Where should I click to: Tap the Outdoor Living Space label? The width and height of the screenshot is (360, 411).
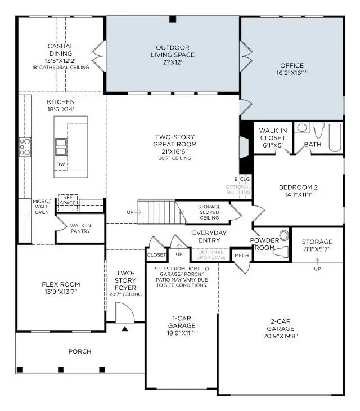pos(173,51)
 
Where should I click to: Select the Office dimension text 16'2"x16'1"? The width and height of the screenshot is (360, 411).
pos(291,73)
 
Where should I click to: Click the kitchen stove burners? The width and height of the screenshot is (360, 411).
pos(25,146)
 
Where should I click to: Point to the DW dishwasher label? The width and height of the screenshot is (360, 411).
pos(59,164)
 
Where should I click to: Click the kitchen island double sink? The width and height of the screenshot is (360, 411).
pos(60,146)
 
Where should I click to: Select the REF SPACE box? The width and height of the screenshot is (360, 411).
pos(68,200)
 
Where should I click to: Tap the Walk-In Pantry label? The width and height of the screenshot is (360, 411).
pos(80,229)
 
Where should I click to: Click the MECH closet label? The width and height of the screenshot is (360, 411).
pos(241,256)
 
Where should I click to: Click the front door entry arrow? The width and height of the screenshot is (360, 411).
pos(125,328)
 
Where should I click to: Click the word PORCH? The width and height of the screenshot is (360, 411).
pos(80,351)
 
